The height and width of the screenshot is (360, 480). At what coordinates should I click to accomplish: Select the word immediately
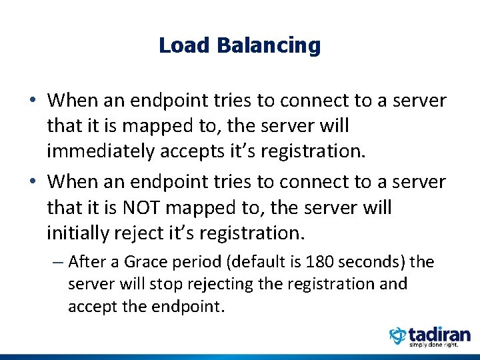point(101,151)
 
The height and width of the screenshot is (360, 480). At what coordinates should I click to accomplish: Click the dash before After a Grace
point(57,263)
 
